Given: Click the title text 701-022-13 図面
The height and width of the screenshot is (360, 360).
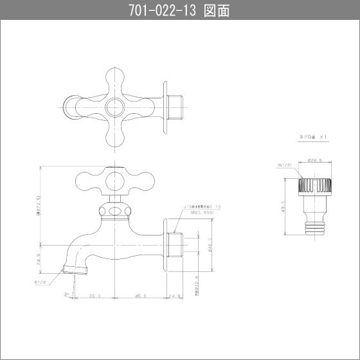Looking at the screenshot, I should coord(179,10).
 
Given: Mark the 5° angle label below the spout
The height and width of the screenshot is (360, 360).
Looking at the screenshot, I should coord(67,294).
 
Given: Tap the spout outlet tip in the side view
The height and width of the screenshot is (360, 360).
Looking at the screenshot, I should coord(71,267).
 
